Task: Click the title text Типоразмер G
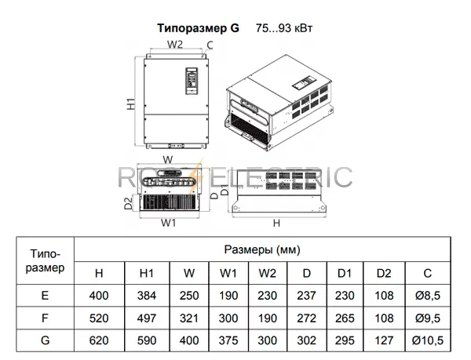tap(199, 28)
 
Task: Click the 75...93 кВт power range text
tap(284, 28)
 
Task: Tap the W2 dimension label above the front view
tap(175, 45)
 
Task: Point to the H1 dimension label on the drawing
tap(131, 104)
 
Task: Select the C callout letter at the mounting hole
tap(210, 45)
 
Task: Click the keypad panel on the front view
tap(192, 81)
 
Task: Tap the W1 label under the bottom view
tap(168, 223)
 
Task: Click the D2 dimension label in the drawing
tap(128, 203)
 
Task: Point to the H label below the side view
tap(276, 224)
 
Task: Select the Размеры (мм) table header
tap(262, 249)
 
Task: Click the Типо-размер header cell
tap(45, 260)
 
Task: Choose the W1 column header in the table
tap(228, 273)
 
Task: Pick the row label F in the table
tap(45, 318)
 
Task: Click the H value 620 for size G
tap(99, 340)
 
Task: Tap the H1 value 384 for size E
tap(147, 296)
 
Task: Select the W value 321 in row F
tap(189, 318)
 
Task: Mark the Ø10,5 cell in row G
tap(428, 340)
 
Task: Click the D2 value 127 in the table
tap(384, 340)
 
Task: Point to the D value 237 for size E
tap(307, 296)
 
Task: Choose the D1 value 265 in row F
tap(345, 318)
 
